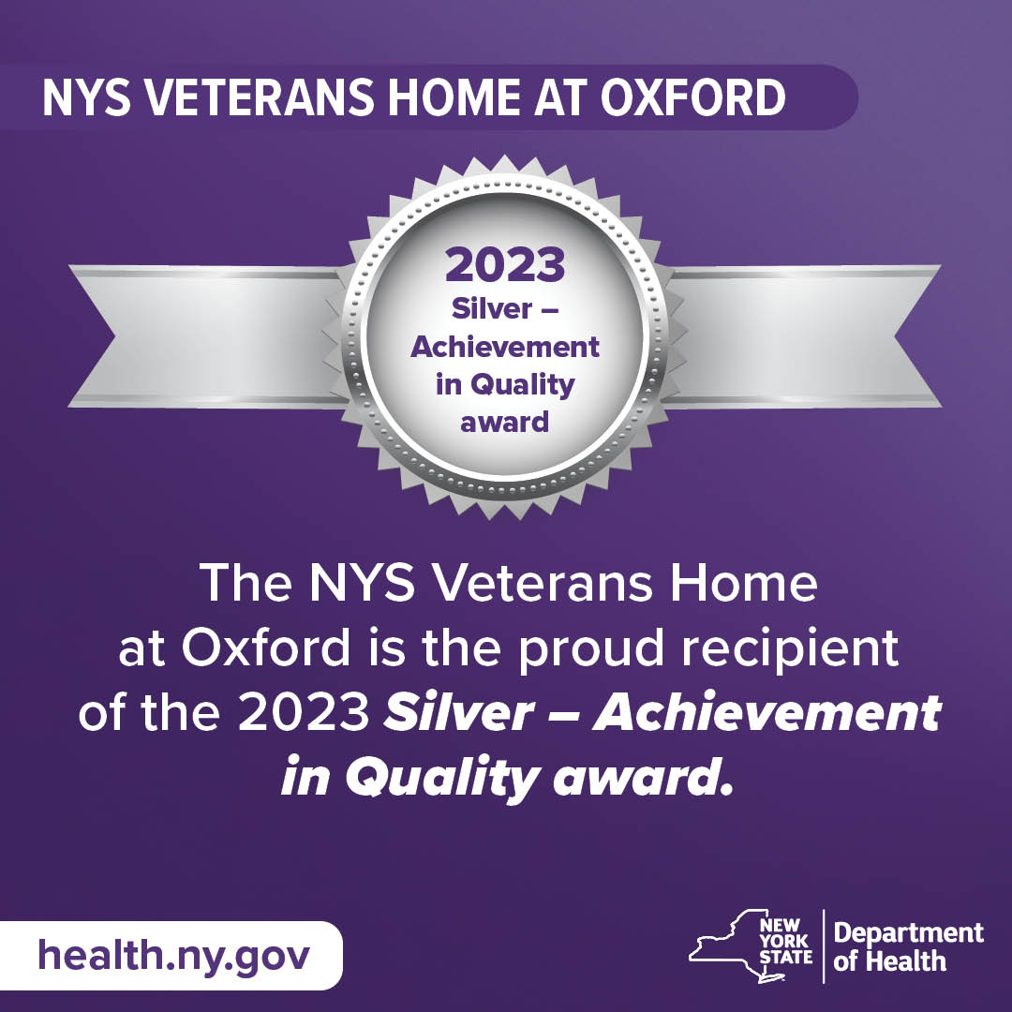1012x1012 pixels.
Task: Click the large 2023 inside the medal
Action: coord(505,266)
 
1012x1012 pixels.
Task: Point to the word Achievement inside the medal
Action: coord(505,347)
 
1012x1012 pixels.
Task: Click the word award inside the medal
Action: coord(505,422)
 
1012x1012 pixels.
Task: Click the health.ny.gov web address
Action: coord(174,956)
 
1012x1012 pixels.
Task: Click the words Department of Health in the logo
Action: coord(908,946)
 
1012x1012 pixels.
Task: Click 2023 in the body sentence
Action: coord(302,714)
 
